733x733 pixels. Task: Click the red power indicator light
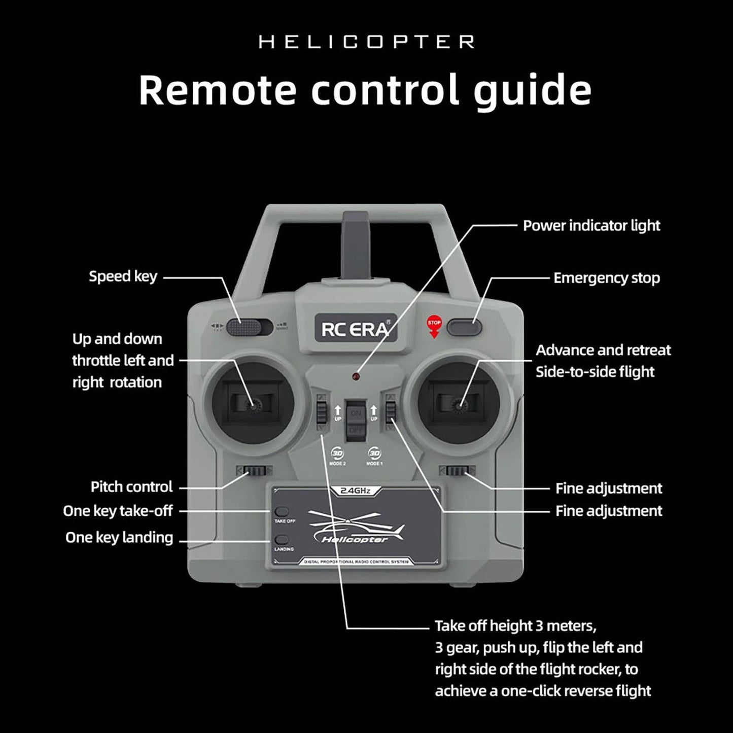coord(356,377)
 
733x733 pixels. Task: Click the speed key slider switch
coord(242,327)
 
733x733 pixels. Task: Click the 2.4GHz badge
coord(355,491)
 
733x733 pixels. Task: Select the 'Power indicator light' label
coord(591,226)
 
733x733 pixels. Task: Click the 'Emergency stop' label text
coord(606,278)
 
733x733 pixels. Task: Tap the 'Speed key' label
coord(123,276)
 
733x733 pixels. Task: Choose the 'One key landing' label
coord(119,537)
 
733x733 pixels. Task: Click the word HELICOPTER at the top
coord(366,42)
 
